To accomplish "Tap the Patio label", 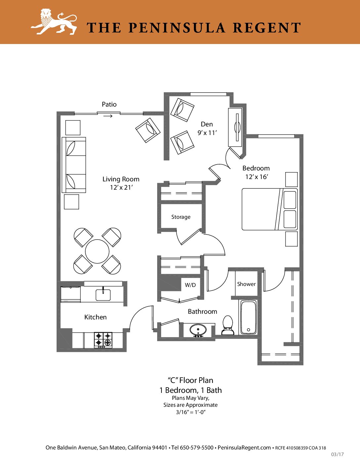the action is (109, 105).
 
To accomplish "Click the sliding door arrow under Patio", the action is (108, 116).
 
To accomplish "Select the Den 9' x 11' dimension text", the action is (207, 133).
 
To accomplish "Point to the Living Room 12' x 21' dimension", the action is (121, 187).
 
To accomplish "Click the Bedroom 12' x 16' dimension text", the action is (257, 177).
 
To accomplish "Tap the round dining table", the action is (97, 251).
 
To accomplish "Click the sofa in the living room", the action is (74, 165).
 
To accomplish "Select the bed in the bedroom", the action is (270, 209).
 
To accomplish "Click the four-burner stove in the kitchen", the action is (103, 340).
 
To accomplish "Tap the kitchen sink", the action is (103, 295).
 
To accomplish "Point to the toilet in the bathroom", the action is (228, 325).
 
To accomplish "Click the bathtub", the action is (248, 317).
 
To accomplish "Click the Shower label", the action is (247, 284).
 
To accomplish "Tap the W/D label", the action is (190, 285).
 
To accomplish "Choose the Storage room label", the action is (181, 217).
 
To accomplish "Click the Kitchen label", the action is (95, 317).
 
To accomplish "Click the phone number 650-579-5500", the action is (197, 447).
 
